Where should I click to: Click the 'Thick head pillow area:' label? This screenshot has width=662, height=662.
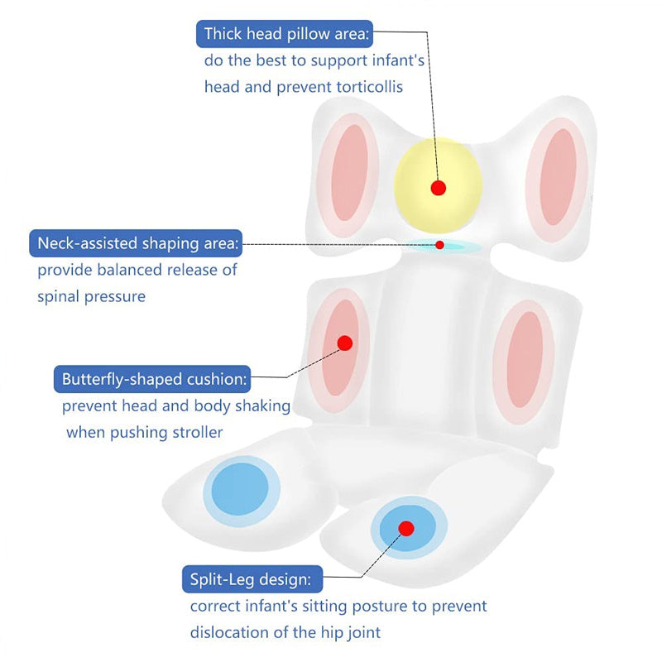coord(285,34)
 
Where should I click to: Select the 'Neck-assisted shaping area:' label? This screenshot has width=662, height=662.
coord(136,243)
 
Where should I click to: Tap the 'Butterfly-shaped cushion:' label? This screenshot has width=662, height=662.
coord(152,379)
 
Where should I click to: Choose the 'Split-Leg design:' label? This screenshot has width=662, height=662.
coord(252,578)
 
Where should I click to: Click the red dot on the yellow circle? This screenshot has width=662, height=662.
coord(439,188)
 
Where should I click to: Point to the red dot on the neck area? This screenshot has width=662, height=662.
coord(439,245)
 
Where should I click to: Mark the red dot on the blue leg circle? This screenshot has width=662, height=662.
coord(406,528)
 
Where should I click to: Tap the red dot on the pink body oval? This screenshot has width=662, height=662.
coord(345,343)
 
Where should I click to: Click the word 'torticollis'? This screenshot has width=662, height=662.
coord(369,87)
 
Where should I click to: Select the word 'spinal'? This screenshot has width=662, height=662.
coord(59,297)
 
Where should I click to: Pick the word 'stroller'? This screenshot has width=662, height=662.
coord(197,432)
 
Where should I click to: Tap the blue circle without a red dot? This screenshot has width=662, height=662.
coord(241,491)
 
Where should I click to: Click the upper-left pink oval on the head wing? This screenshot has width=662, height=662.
coord(348,174)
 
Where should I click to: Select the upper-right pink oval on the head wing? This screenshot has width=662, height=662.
coord(557,177)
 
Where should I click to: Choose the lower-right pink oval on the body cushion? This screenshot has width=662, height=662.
coord(524,361)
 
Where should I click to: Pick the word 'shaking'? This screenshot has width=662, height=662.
coord(262,406)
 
